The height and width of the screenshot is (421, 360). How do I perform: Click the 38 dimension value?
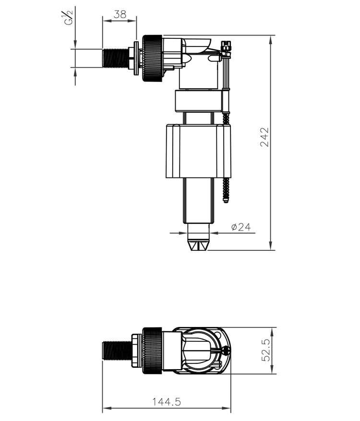120,14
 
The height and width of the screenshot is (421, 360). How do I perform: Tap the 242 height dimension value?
264,137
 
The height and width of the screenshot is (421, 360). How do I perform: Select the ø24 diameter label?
241,227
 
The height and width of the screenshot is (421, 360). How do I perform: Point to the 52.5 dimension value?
266,350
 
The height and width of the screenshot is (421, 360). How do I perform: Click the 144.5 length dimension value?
167,402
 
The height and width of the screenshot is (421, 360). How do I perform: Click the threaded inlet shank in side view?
116,58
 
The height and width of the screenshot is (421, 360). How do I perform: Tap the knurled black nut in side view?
152,58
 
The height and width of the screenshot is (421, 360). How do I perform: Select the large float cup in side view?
198,151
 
